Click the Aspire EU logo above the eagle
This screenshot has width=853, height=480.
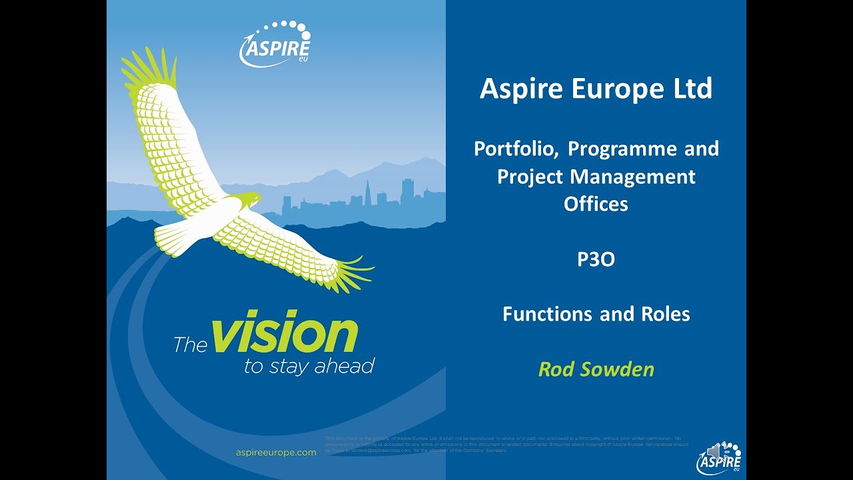[275, 45]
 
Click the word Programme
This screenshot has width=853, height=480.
[623, 149]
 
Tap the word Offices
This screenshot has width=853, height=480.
[596, 204]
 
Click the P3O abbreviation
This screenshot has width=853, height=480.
[596, 259]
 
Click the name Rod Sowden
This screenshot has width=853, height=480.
[596, 369]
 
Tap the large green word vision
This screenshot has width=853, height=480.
[285, 335]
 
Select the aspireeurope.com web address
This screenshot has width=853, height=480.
[276, 452]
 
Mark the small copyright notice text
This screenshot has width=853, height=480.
[506, 444]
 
